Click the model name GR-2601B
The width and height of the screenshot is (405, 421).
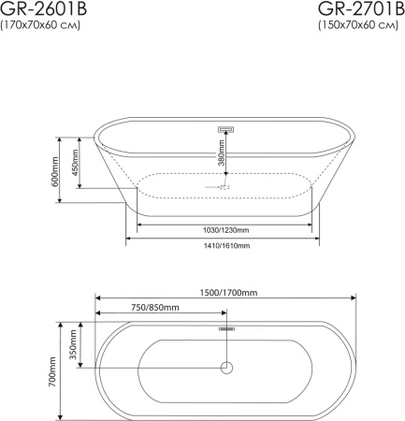coord(43,8)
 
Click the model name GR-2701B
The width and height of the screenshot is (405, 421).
coord(361,8)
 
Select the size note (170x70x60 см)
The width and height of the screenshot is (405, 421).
coord(40,25)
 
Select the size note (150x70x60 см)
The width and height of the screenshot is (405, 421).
coord(358,25)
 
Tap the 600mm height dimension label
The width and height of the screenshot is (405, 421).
coord(55,171)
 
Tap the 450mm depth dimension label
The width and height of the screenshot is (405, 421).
coord(75,163)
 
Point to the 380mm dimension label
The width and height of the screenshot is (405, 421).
coord(221,152)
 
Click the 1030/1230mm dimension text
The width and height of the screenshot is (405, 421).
coord(226,230)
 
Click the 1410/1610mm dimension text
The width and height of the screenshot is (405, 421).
coord(226,246)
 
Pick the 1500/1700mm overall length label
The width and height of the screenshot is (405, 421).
coord(228,293)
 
